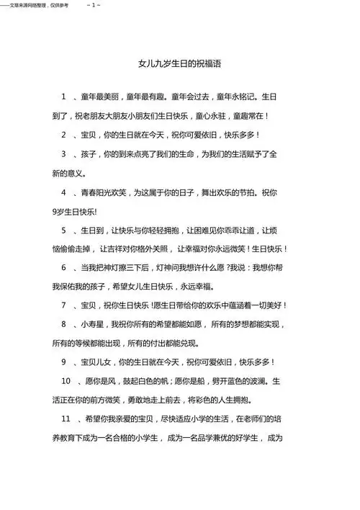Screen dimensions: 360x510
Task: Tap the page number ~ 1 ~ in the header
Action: click(93, 5)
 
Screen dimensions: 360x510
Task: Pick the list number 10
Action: click(66, 380)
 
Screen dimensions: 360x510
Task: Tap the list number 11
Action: click(66, 418)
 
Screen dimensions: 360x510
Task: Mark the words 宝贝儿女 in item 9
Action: click(98, 362)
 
